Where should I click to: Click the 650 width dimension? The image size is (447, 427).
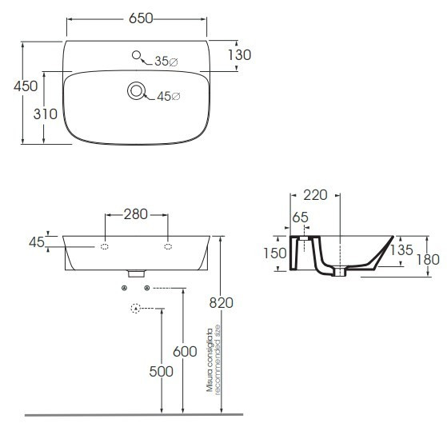pyautogui.click(x=141, y=18)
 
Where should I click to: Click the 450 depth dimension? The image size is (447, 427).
pyautogui.click(x=26, y=86)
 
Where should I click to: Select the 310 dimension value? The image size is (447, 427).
pyautogui.click(x=46, y=114)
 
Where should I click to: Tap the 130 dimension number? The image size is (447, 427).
pyautogui.click(x=239, y=55)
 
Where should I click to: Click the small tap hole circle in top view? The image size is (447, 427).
pyautogui.click(x=137, y=55)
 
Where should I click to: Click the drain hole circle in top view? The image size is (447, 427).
pyautogui.click(x=136, y=91)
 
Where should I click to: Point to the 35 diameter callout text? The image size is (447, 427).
pyautogui.click(x=166, y=62)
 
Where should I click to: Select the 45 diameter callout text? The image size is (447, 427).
pyautogui.click(x=169, y=97)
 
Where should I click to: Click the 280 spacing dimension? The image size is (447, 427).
pyautogui.click(x=136, y=214)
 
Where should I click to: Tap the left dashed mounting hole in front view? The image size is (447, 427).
pyautogui.click(x=105, y=247)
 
